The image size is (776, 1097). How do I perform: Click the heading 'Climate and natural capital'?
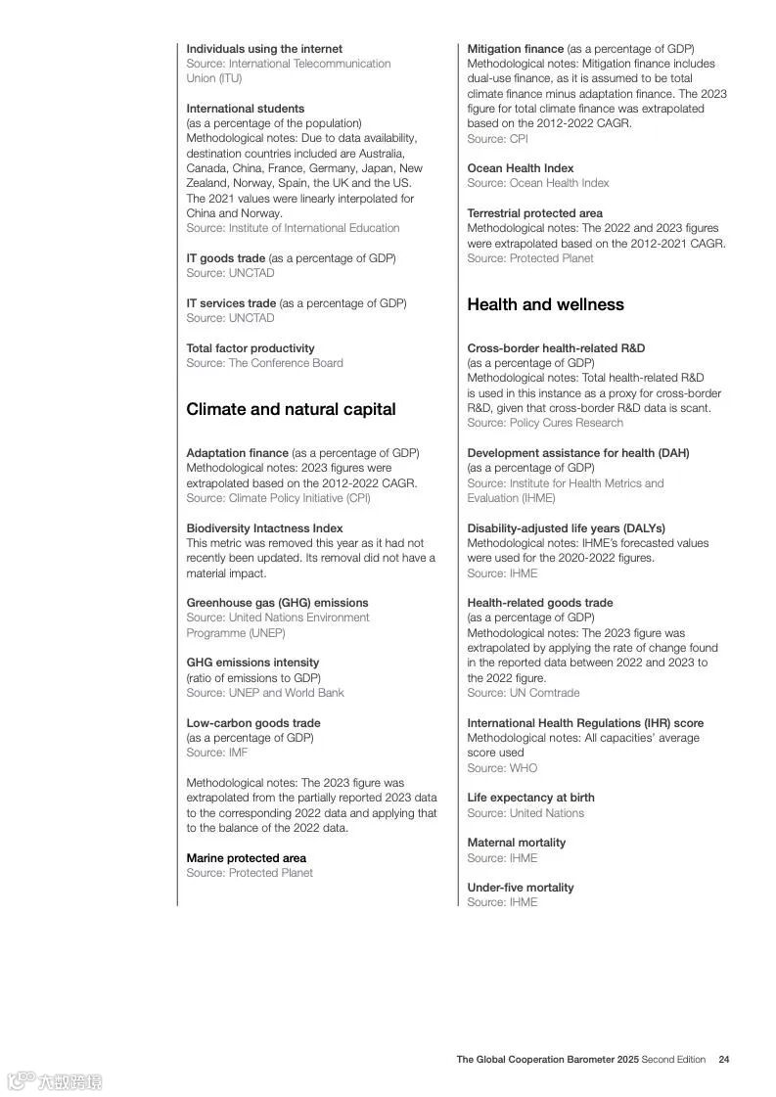291,409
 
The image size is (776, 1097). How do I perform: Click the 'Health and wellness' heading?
545,304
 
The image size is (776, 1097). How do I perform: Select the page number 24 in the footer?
724,1059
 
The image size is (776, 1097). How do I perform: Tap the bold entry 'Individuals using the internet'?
264,49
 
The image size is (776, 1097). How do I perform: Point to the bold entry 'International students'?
245,109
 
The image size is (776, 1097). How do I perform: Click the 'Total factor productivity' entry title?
251,348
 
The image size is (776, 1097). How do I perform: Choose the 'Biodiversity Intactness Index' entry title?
264,528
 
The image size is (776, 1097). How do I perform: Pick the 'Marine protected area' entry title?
246,858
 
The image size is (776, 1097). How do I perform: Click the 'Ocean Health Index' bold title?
520,168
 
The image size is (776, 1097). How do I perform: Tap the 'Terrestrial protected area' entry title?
534,213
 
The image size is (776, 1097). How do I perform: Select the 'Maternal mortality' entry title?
516,843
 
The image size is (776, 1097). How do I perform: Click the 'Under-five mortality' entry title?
520,888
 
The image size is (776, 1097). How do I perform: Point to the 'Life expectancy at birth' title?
530,798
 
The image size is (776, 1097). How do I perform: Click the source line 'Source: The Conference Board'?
264,363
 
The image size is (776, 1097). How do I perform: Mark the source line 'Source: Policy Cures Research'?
544,423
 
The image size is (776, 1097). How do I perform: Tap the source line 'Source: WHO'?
502,768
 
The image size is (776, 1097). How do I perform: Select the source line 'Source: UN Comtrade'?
523,693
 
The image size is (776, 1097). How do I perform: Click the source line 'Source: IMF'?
216,753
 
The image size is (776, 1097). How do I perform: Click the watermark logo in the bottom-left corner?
54,1081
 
